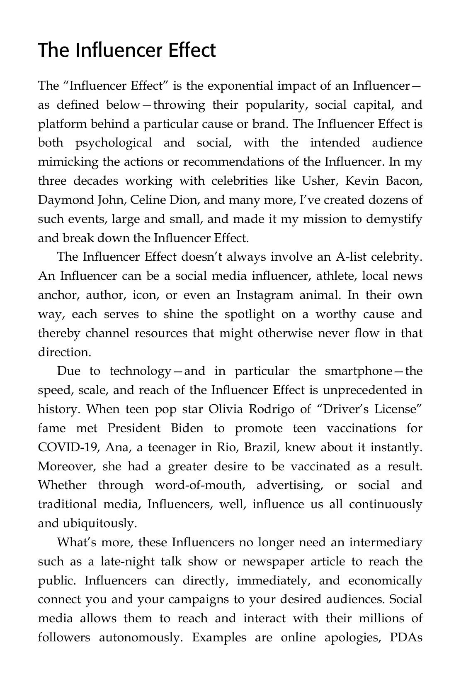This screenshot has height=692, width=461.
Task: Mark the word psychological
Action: (x=114, y=142)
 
